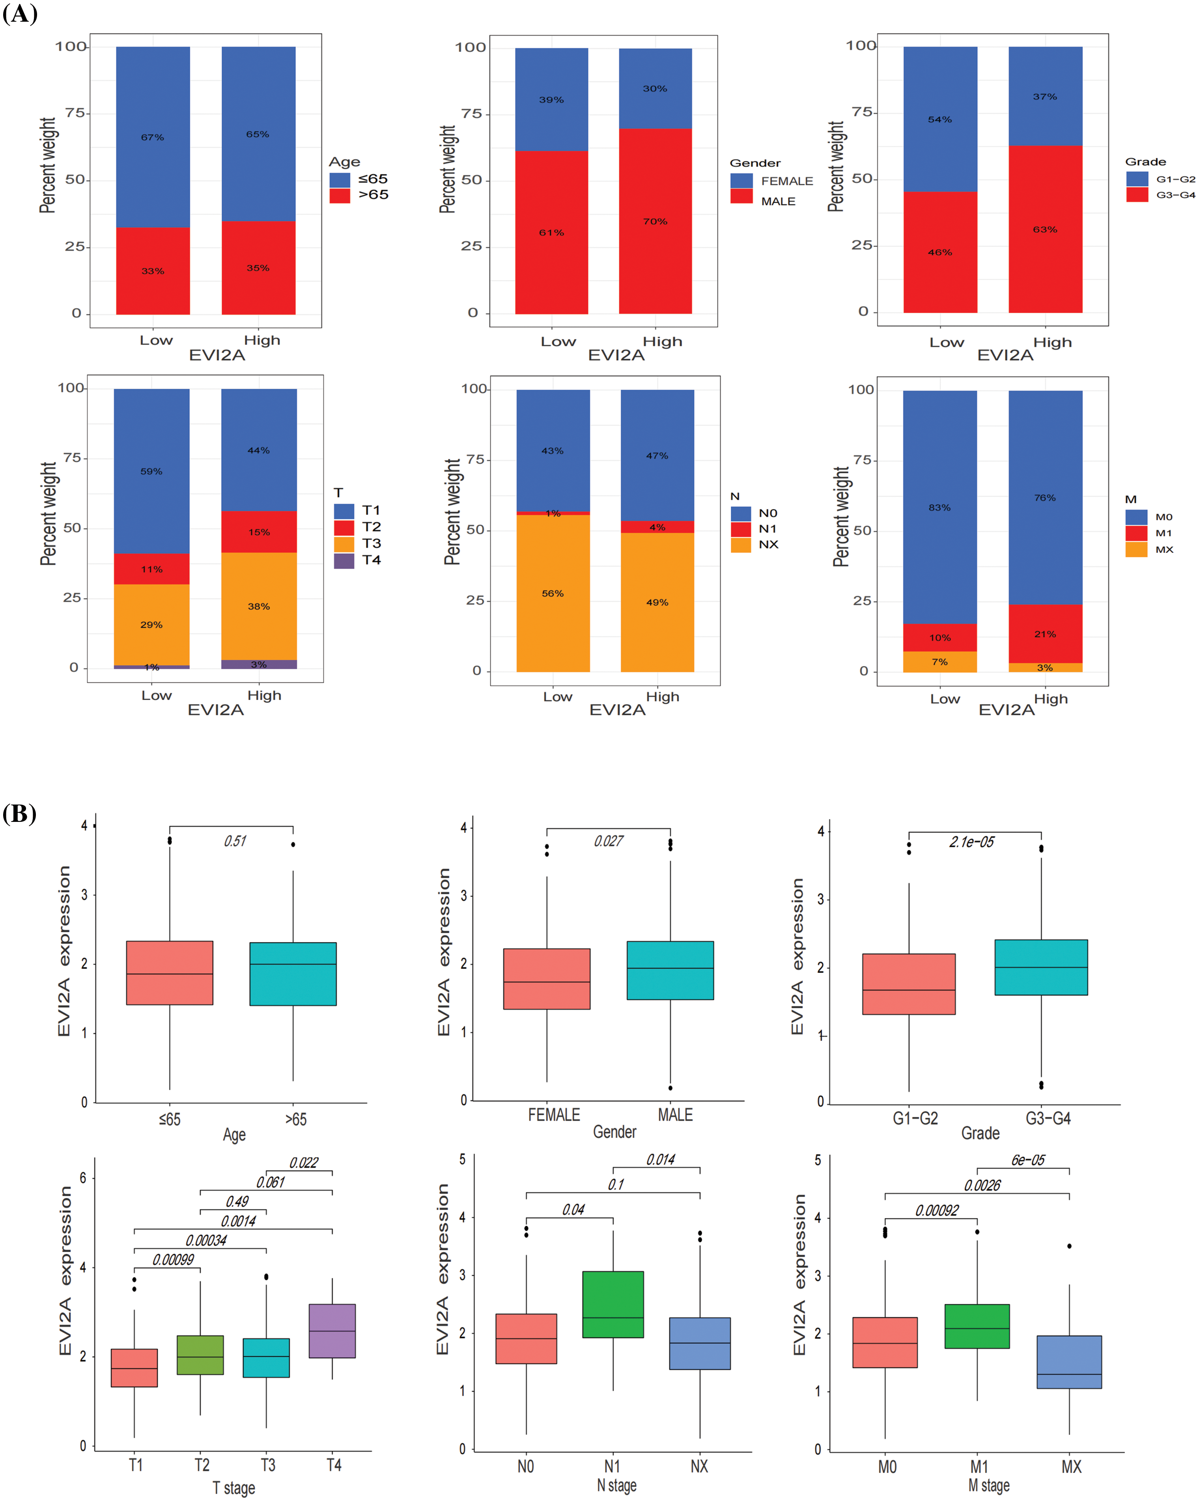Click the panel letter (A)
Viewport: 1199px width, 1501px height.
click(19, 13)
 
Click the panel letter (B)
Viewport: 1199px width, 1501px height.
click(19, 813)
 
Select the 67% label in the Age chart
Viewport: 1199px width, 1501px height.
click(153, 137)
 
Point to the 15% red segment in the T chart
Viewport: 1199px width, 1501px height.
click(259, 532)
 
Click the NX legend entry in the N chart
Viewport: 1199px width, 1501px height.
click(768, 544)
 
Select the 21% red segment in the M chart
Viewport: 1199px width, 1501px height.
click(1045, 633)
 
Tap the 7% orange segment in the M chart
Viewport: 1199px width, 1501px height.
click(939, 661)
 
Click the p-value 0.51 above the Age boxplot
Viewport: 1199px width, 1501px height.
click(235, 841)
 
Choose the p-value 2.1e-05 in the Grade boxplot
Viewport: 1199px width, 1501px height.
click(971, 842)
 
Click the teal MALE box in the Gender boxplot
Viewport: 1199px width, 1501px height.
click(670, 971)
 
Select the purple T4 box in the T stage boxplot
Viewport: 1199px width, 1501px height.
click(332, 1331)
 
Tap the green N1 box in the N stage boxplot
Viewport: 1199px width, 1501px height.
click(613, 1304)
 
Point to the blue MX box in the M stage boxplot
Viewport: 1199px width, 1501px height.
click(1069, 1362)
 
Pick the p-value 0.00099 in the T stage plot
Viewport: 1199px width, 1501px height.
click(174, 1259)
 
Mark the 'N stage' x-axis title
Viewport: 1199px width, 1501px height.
click(616, 1485)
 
